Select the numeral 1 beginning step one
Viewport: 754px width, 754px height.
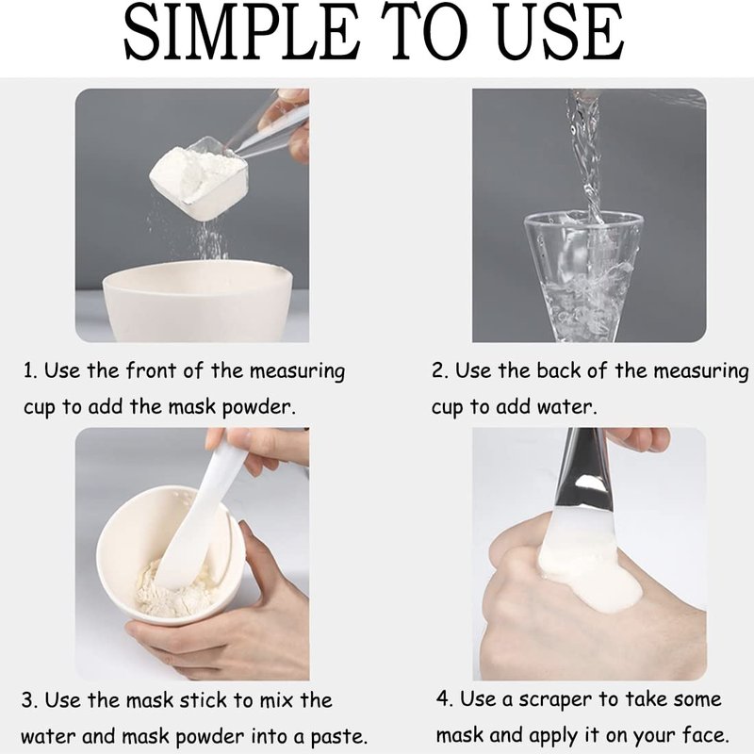(x=29, y=370)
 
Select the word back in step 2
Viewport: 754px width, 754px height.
(x=559, y=370)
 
